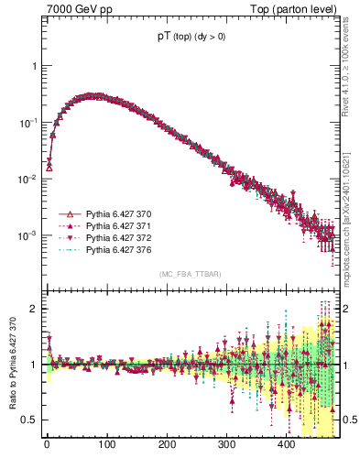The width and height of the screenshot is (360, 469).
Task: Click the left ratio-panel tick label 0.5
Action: [x=30, y=420]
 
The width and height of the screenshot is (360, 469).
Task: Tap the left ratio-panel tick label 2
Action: [x=36, y=309]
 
